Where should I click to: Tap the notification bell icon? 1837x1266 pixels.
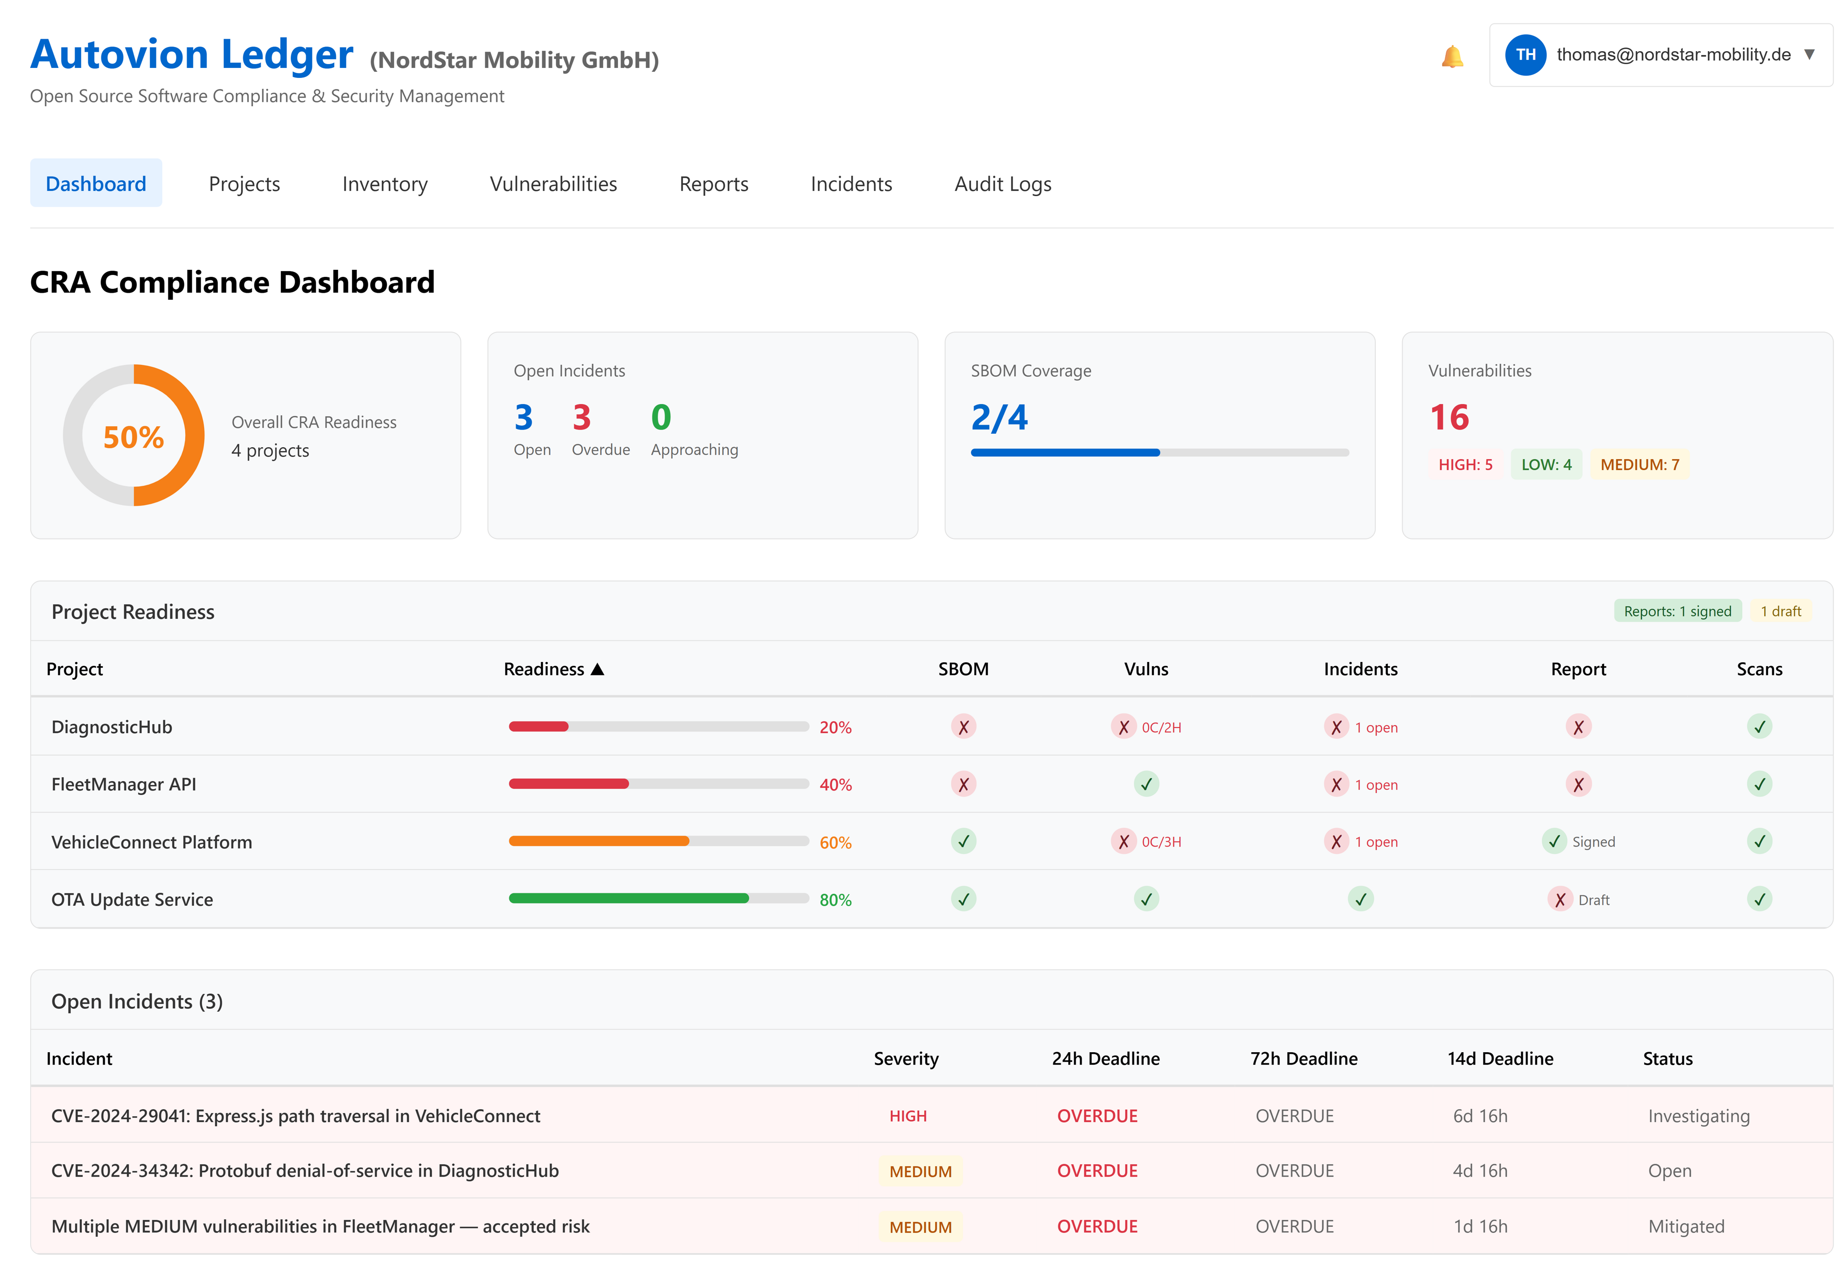tap(1451, 56)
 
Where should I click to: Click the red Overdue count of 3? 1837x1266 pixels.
tap(581, 417)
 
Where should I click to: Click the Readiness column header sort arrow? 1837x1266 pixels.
tap(597, 670)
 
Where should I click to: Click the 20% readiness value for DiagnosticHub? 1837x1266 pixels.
tap(834, 727)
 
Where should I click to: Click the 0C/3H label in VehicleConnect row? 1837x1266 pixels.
tap(1161, 842)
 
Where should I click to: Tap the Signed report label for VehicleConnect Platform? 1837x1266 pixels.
tap(1592, 842)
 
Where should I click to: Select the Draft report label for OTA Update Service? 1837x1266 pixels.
tap(1592, 900)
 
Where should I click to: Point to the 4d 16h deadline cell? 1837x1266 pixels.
tap(1479, 1171)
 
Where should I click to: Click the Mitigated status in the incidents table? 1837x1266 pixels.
tap(1685, 1226)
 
